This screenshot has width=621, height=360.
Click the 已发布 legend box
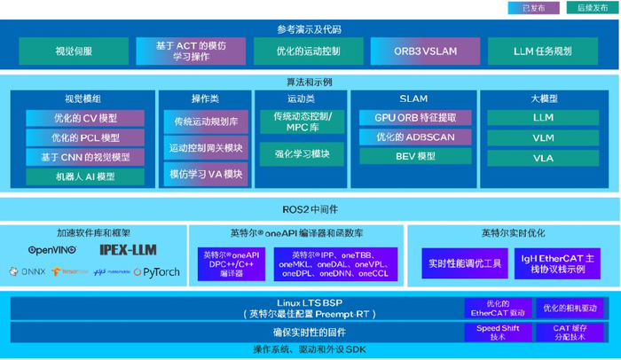(x=533, y=8)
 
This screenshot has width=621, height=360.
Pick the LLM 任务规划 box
(x=542, y=51)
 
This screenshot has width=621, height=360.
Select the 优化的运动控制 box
(x=308, y=51)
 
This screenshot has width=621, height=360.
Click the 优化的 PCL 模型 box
(x=85, y=137)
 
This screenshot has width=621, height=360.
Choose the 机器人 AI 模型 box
(x=85, y=176)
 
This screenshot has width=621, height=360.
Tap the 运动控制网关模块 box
(x=205, y=147)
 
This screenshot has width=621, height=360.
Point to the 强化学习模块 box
(x=302, y=153)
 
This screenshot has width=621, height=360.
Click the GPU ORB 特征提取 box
(x=414, y=118)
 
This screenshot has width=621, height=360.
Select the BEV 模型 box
(x=414, y=156)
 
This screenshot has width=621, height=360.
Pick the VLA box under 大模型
(x=543, y=158)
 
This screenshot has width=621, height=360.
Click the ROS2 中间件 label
(x=310, y=208)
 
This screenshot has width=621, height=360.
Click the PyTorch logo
(x=157, y=272)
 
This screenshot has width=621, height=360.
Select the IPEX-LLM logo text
(x=127, y=250)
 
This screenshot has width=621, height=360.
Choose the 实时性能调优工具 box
(x=466, y=263)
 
